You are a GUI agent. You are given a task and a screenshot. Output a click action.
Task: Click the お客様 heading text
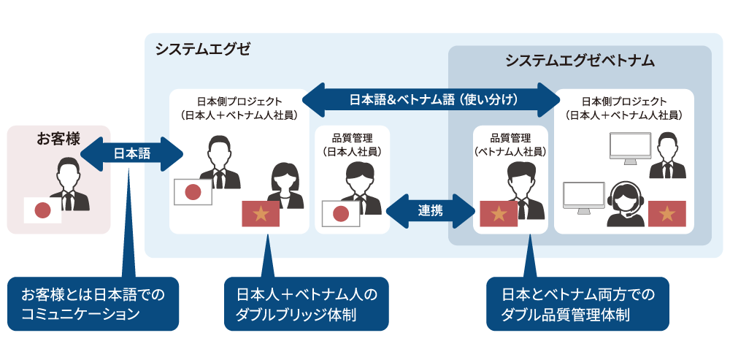[x=58, y=138]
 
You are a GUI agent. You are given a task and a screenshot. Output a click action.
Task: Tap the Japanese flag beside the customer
[x=43, y=210]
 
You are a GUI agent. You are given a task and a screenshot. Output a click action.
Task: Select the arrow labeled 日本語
[x=131, y=154]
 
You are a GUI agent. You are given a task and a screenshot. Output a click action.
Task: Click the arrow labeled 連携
[x=430, y=210]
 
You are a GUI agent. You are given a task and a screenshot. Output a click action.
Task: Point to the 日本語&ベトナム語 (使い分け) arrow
[x=432, y=99]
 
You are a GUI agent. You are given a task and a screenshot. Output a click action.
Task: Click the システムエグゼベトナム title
[x=580, y=61]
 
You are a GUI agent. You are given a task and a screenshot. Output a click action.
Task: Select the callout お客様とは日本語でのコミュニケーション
[x=94, y=304]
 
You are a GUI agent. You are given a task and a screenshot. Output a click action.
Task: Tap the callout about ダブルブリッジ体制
[x=307, y=304]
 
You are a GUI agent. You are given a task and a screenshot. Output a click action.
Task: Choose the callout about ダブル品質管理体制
[x=577, y=304]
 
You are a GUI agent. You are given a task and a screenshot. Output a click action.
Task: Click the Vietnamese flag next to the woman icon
[x=261, y=212]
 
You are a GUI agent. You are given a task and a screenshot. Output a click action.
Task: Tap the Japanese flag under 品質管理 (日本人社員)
[x=341, y=213]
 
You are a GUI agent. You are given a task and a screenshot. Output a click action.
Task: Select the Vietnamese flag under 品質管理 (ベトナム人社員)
[x=499, y=213]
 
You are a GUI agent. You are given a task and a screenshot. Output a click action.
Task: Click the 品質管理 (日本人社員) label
[x=352, y=144]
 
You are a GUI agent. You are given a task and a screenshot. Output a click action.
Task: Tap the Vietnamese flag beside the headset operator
[x=666, y=212]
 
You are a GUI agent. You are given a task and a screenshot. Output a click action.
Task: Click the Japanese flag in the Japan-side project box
[x=193, y=192]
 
